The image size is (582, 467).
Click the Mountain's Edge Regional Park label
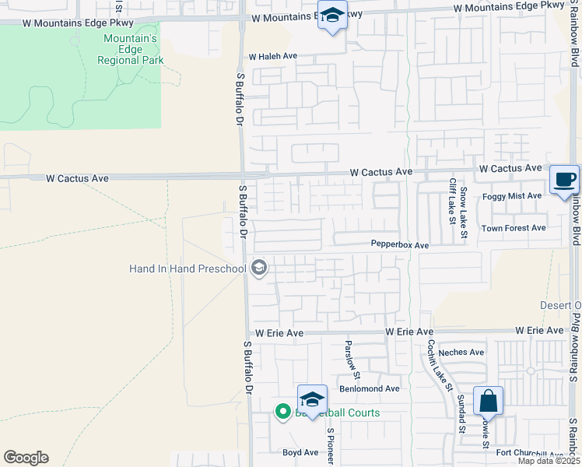(x=131, y=48)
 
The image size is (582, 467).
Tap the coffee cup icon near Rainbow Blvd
(x=565, y=180)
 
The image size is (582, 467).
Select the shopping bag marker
(x=488, y=402)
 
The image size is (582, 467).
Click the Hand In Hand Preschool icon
(x=259, y=269)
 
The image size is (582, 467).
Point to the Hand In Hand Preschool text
(x=187, y=269)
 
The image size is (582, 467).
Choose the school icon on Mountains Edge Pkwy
(x=333, y=16)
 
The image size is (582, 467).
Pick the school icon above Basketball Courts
(x=312, y=399)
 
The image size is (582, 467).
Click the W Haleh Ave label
(x=273, y=57)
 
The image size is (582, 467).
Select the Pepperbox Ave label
(x=399, y=245)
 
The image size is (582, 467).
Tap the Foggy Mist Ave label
(x=511, y=197)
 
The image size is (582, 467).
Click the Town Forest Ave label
(x=513, y=228)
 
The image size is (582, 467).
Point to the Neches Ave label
(x=461, y=353)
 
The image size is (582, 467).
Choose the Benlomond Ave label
(x=369, y=388)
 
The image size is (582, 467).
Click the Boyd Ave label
(x=300, y=452)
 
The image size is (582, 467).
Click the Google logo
(x=26, y=458)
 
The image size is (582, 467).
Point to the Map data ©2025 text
(x=549, y=461)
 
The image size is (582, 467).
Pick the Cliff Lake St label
(x=452, y=201)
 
